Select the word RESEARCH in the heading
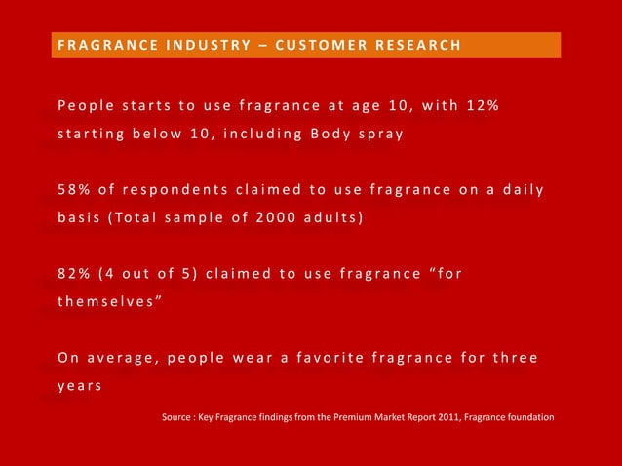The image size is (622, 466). (x=409, y=45)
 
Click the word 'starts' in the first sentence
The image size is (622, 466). (x=138, y=105)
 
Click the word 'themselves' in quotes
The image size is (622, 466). (x=105, y=302)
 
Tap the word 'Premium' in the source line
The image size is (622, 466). (x=355, y=417)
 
